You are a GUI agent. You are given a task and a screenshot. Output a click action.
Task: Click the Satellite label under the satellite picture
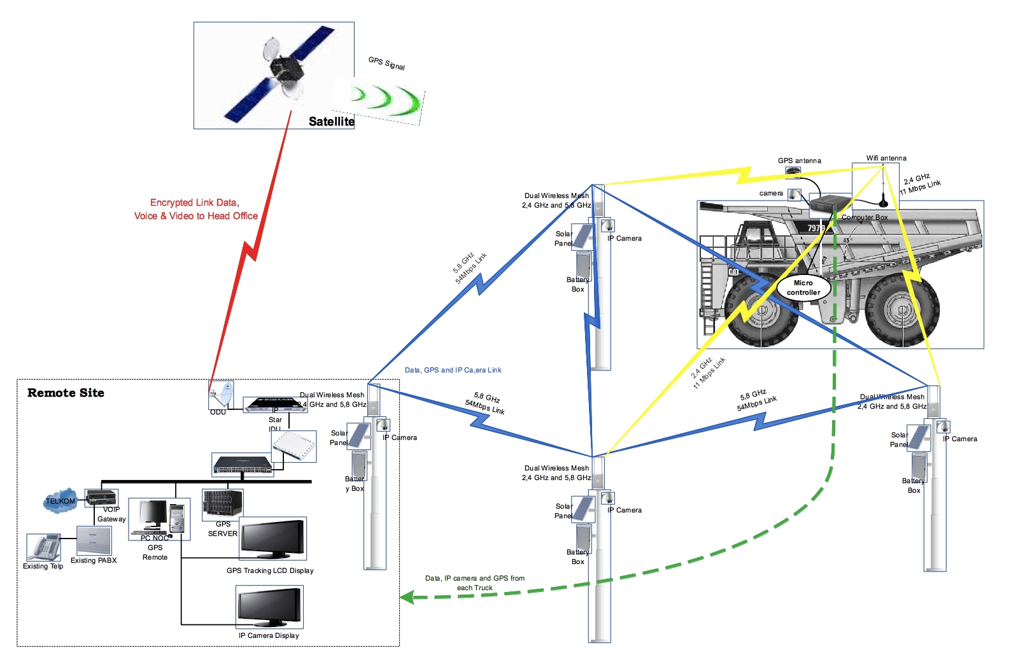[331, 121]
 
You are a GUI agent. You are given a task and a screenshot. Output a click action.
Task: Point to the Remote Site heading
[66, 393]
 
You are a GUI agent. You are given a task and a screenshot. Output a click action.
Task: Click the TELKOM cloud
[60, 501]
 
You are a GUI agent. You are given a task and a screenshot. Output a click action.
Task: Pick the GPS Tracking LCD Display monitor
[272, 538]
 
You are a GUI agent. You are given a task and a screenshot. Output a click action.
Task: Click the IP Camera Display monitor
[270, 607]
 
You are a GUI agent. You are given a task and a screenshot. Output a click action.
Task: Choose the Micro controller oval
[803, 288]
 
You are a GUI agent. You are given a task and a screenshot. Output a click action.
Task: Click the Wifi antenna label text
[886, 158]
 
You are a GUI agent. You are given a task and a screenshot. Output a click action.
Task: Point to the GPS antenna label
[799, 160]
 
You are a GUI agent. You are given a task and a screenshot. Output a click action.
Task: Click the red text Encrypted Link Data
[195, 202]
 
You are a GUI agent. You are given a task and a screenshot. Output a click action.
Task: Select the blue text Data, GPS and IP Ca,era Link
[453, 370]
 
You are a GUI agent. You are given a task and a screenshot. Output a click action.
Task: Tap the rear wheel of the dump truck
[902, 310]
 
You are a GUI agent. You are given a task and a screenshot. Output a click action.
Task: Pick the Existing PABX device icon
[94, 540]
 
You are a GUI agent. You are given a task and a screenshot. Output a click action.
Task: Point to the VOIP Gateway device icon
[101, 496]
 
